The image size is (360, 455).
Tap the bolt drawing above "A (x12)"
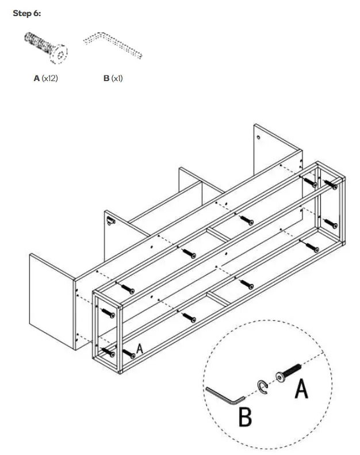(46, 48)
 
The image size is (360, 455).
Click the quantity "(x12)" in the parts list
(50, 78)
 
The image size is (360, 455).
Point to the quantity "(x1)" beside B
(117, 78)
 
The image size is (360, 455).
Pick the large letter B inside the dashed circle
(245, 417)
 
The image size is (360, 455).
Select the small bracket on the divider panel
(110, 219)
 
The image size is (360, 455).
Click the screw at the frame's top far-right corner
(331, 184)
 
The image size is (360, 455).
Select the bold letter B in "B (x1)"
(106, 78)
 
